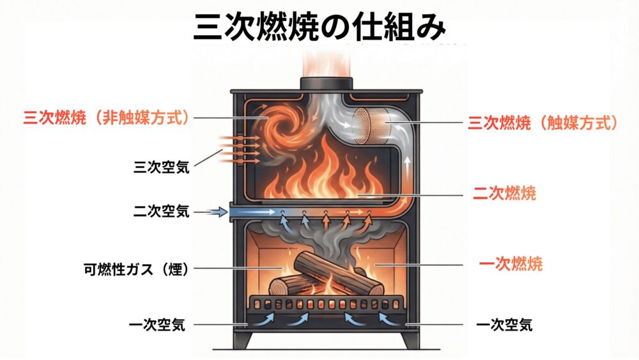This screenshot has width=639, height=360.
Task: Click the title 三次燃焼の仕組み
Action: (319, 29)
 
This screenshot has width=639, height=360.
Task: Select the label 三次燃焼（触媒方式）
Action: (543, 123)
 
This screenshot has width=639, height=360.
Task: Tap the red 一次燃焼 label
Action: (511, 263)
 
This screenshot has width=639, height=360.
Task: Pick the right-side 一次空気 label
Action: (504, 325)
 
